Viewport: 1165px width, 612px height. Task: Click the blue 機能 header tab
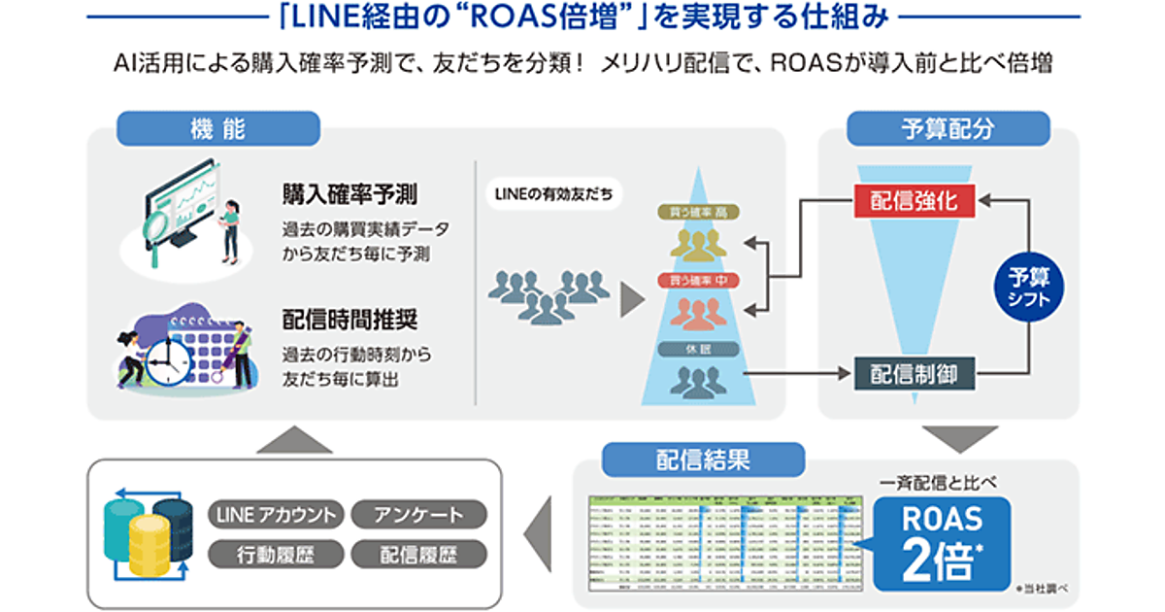[x=218, y=128]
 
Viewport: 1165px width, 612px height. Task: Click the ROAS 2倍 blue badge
[x=942, y=544]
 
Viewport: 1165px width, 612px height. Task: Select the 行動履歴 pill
[x=276, y=554]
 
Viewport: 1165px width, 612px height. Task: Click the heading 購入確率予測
[x=349, y=194]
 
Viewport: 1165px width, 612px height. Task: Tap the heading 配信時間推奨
[x=349, y=322]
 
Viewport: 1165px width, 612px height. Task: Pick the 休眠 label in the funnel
[x=697, y=349]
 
